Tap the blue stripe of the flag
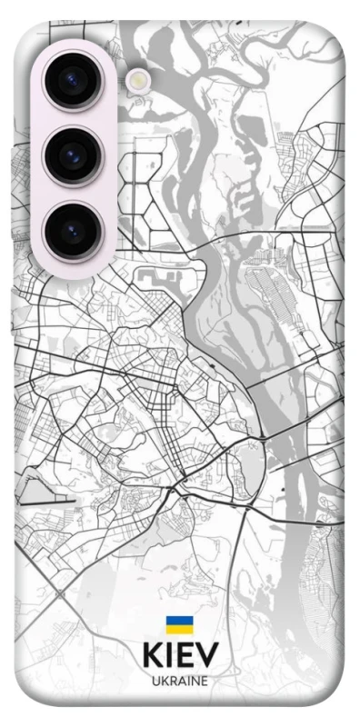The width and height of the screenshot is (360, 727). point(179,622)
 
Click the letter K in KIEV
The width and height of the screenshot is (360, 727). point(152,655)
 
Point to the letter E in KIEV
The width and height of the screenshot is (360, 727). point(185,655)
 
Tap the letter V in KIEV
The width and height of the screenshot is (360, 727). point(207,655)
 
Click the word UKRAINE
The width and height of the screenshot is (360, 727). point(180,681)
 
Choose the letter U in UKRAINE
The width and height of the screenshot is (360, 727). point(155,681)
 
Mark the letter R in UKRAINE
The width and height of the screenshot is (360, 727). point(172,681)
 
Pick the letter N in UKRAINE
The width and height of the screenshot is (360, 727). point(194,681)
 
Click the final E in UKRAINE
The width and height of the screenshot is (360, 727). point(204,681)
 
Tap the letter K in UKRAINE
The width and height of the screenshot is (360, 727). point(164,681)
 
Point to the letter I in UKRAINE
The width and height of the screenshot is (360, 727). point(187,681)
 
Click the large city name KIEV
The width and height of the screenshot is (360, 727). point(180,655)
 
